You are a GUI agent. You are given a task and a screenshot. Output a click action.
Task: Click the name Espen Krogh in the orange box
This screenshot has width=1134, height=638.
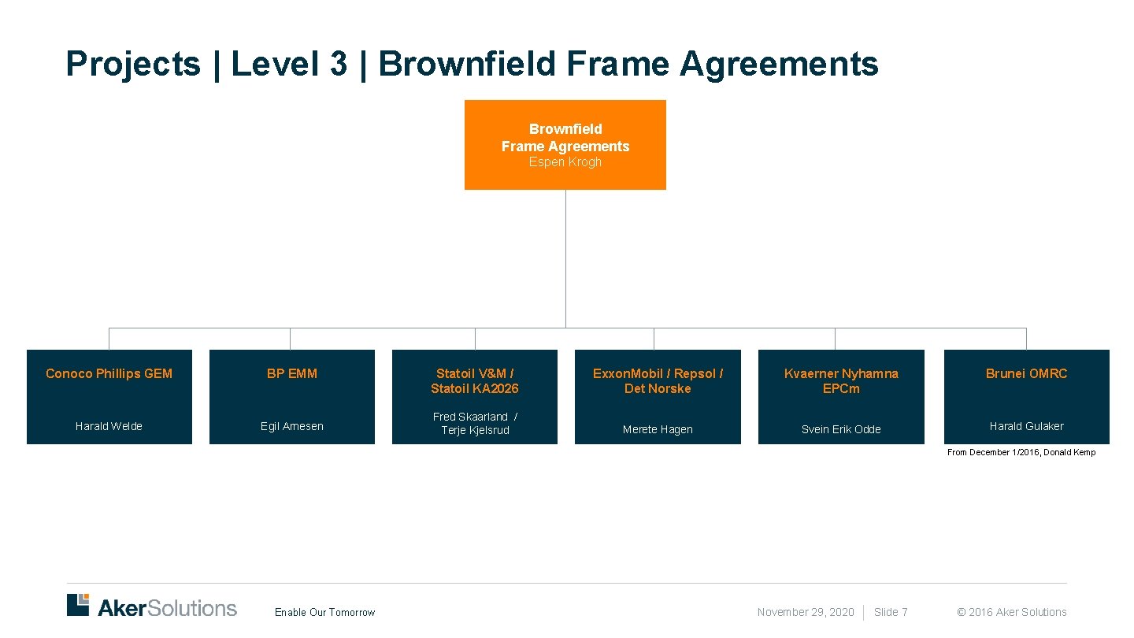[565, 162]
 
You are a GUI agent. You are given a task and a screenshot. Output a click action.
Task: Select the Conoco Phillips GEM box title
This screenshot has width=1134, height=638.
[109, 373]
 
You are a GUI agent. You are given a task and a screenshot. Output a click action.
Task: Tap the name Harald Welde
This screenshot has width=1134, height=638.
[109, 426]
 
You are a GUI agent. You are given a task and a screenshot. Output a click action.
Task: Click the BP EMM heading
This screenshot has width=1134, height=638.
[291, 373]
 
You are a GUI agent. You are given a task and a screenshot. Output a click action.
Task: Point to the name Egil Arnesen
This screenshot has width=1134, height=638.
[291, 426]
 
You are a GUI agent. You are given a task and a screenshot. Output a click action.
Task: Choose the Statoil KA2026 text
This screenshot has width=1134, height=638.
[474, 388]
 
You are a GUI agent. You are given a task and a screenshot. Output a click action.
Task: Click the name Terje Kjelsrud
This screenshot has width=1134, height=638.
[475, 430]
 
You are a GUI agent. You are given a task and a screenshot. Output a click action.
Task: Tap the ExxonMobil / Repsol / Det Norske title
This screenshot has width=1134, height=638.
[658, 380]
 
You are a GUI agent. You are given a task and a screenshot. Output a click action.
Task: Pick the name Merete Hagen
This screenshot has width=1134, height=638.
[658, 429]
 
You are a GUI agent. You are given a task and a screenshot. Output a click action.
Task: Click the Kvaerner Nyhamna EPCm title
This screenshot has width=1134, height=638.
[840, 380]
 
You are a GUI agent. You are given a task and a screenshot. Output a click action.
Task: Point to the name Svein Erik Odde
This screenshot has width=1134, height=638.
[840, 429]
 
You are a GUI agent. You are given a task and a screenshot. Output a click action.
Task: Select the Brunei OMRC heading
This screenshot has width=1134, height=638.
[1026, 373]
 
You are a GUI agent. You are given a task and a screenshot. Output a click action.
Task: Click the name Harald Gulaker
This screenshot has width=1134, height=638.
[1026, 426]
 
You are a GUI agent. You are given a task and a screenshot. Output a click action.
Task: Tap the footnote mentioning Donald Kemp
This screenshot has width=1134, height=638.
[1021, 452]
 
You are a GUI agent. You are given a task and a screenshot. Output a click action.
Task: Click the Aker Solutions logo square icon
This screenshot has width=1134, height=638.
[78, 604]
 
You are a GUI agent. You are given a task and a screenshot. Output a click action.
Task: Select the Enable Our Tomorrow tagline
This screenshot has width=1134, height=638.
[324, 612]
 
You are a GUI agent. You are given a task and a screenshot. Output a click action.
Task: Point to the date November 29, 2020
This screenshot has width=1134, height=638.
[805, 612]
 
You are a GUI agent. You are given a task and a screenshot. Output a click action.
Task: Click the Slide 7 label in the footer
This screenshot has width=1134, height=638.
[891, 612]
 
